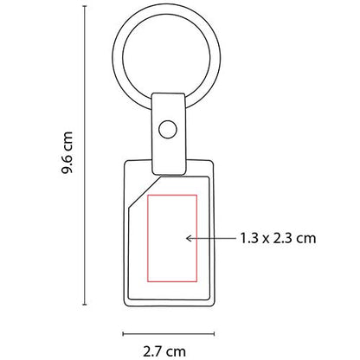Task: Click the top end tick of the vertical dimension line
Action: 85,13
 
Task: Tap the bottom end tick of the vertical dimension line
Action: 85,305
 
